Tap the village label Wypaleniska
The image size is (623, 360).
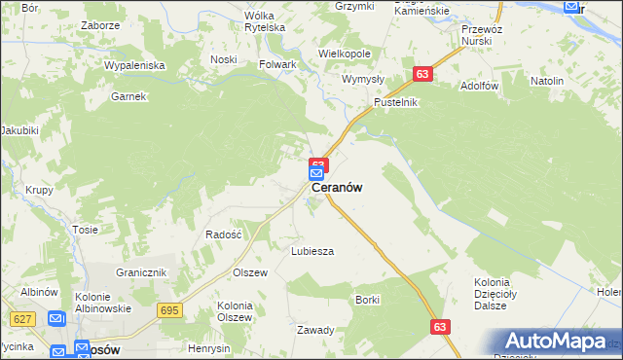pos(136,65)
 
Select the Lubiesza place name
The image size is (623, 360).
pos(312,251)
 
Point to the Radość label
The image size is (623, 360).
pos(223,234)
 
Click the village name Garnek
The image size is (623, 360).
pos(128,96)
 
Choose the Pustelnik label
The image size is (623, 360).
pos(396,102)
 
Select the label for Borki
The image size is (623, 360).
pos(367,300)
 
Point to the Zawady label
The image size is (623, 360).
pos(316,330)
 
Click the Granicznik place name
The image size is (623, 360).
pos(142,272)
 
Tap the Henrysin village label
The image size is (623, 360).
pos(209,348)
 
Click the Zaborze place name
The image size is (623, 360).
pos(101,25)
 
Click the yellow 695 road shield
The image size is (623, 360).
pos(169,309)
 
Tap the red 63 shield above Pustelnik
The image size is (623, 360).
pos(421,74)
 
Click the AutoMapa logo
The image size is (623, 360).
pos(560,342)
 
